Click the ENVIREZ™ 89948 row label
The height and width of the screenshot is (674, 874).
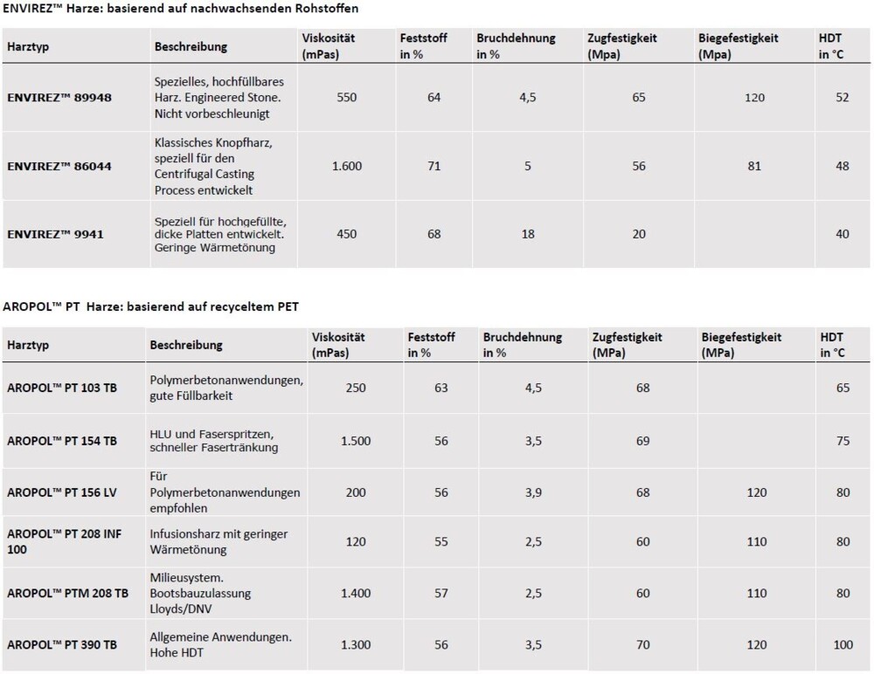coord(59,98)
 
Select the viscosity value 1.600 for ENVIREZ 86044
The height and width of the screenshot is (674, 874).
coord(347,166)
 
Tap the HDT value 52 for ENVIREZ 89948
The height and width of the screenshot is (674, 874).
coord(842,98)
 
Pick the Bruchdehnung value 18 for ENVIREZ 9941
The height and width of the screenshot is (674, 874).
coord(527,234)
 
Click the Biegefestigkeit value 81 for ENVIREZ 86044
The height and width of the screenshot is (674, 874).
coord(754,166)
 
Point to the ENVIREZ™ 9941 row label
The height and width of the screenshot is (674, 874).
coord(56,234)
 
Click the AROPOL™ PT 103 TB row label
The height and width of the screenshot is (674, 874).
coord(62,389)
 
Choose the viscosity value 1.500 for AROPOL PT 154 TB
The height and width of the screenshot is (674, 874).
coord(356,441)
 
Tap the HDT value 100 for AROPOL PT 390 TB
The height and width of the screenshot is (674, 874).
coord(843,645)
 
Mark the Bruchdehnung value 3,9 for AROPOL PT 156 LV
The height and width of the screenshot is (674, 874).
coord(532,492)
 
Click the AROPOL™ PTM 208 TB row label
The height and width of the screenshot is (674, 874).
coord(67,594)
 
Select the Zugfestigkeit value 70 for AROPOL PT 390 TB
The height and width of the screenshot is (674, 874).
coord(643,645)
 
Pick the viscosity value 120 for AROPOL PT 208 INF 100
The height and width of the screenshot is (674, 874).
coord(356,542)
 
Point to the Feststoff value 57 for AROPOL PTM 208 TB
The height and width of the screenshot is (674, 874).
coord(440,594)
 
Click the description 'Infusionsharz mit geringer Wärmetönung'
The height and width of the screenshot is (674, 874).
coord(218,541)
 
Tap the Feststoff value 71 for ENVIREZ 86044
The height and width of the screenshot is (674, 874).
coord(434,166)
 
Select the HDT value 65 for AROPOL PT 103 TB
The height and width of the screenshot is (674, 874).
coord(843,388)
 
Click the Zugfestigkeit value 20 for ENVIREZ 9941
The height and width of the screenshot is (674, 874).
coord(639,234)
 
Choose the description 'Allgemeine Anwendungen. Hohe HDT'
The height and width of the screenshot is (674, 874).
coord(222,644)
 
